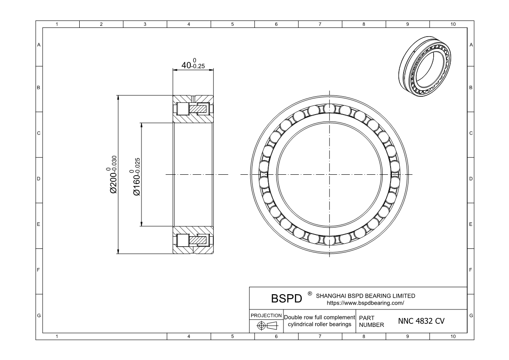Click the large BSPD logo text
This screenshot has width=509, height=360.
click(x=286, y=299)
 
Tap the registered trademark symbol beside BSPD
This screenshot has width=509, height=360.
click(x=310, y=294)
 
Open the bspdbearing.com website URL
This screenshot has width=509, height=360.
click(x=365, y=302)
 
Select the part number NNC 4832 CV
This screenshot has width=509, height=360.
click(x=421, y=321)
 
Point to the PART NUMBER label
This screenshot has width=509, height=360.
click(x=371, y=321)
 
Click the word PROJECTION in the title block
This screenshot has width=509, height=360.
click(x=266, y=315)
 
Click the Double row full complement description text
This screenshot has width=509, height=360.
click(x=320, y=321)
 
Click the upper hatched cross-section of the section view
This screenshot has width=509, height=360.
click(x=193, y=109)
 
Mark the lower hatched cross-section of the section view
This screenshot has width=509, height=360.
click(x=193, y=240)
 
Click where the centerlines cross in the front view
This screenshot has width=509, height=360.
click(x=329, y=175)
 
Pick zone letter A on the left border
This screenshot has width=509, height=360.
click(x=39, y=45)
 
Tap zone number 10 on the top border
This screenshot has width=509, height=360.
click(x=452, y=24)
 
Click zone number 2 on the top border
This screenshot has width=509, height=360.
click(x=101, y=24)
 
